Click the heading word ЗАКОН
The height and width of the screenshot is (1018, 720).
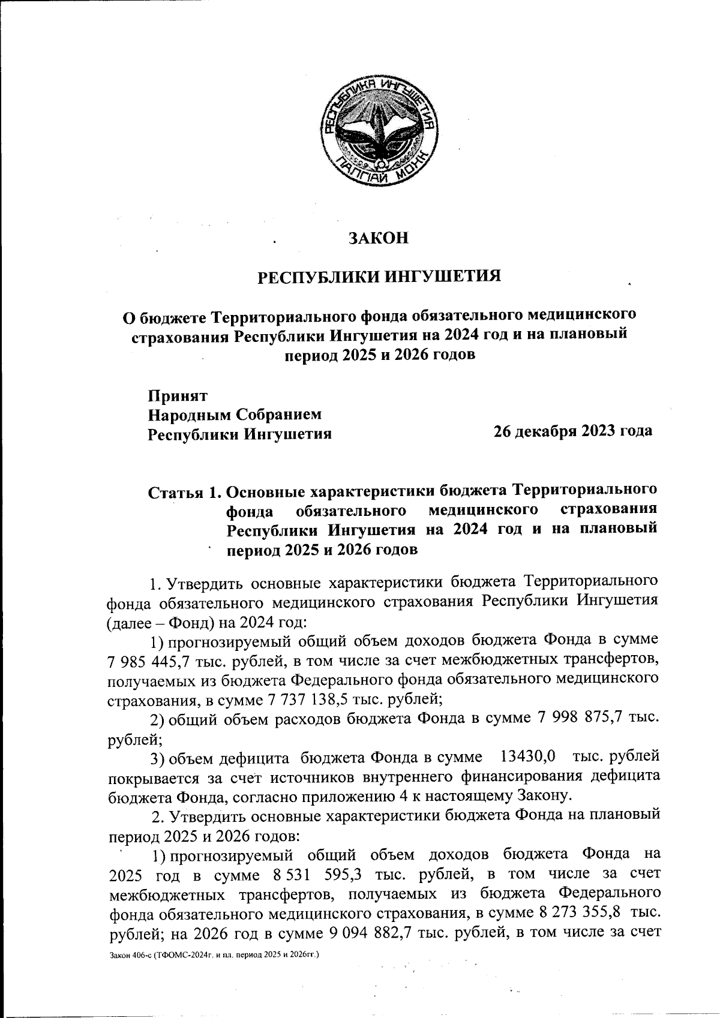tap(379, 239)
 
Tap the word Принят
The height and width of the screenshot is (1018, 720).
tap(178, 396)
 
